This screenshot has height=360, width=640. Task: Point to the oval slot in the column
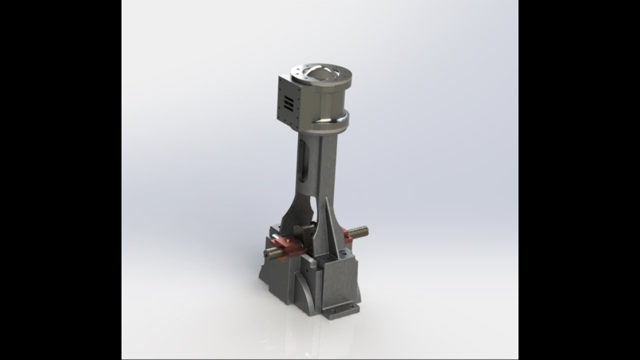tap(303, 161)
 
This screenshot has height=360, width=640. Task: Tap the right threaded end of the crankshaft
tap(359, 231)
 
